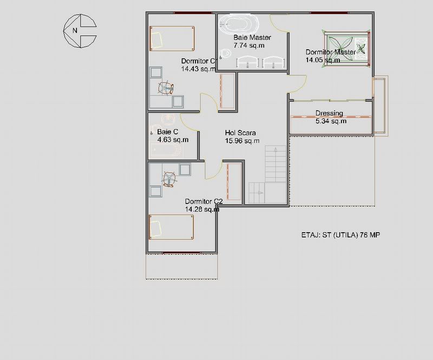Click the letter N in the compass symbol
[75, 30]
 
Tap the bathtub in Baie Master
[239, 24]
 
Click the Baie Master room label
[252, 37]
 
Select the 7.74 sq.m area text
[249, 45]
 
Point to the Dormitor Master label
[331, 52]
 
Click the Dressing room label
[329, 113]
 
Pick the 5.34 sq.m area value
[331, 121]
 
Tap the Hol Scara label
[240, 133]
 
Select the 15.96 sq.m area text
[242, 141]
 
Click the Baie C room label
[168, 132]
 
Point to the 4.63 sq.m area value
[173, 140]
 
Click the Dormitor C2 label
[204, 201]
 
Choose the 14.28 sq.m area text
[202, 210]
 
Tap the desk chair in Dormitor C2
[169, 179]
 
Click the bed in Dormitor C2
[171, 227]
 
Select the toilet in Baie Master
[226, 53]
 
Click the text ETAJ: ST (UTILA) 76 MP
[340, 235]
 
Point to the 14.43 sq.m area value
[198, 69]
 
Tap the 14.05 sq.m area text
[323, 60]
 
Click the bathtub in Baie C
[167, 149]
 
